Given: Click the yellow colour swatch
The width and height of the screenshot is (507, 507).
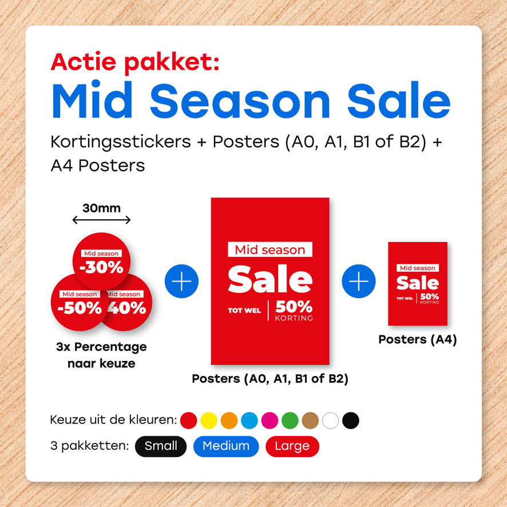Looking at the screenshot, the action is [x=208, y=421].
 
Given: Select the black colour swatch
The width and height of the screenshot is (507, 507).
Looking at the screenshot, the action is [x=351, y=421].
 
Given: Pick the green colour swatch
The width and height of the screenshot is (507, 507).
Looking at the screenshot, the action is [x=290, y=421].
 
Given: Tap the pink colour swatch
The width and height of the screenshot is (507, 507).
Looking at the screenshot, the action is [x=270, y=421].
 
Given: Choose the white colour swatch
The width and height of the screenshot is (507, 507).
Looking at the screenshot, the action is [x=330, y=421].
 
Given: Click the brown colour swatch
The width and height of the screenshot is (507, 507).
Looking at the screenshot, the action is [x=310, y=421].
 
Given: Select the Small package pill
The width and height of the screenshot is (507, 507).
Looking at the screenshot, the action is [x=161, y=446].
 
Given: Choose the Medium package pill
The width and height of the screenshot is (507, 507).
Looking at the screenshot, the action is [x=226, y=446].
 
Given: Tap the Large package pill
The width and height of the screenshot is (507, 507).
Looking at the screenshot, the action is [x=292, y=446].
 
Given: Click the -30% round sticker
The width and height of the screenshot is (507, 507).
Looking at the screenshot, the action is [x=101, y=262].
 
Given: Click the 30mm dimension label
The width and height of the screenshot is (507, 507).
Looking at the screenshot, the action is [x=101, y=208].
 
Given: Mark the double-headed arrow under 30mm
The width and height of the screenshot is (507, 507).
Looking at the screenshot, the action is [x=101, y=220].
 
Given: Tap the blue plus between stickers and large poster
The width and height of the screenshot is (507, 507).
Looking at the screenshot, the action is [x=181, y=281].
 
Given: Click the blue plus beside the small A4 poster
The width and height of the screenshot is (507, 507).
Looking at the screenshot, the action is [x=359, y=281].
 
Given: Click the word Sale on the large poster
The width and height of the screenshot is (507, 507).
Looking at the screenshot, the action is [x=270, y=279].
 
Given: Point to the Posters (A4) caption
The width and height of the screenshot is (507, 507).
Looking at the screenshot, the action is [x=417, y=339].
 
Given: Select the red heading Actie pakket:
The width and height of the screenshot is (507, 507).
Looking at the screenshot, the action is [x=135, y=62].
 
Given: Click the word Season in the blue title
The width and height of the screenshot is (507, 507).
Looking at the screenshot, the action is [x=240, y=100].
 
